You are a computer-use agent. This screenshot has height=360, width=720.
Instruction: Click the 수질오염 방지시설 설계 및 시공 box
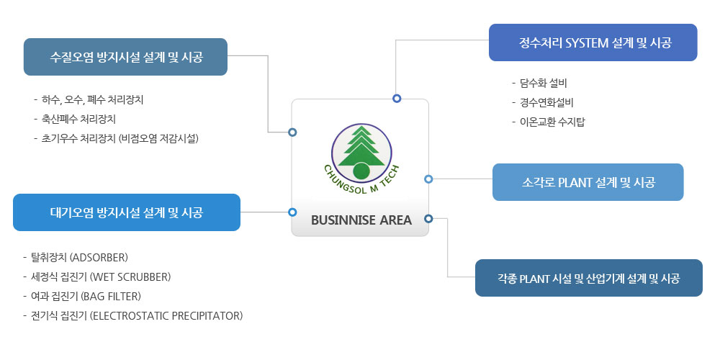125,57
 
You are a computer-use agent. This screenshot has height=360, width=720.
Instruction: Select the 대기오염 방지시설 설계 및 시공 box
126,212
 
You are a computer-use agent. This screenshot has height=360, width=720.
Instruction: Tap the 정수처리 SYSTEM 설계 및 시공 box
593,42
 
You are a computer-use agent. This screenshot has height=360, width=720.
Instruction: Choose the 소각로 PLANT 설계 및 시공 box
588,182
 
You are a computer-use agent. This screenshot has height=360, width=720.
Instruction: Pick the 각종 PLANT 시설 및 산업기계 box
589,278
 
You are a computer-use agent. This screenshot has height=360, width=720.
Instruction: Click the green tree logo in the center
362,153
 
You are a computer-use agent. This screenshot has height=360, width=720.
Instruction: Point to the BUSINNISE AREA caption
361,220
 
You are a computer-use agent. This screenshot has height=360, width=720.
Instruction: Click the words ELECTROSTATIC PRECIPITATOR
166,316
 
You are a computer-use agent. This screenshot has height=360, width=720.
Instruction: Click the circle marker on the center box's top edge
397,98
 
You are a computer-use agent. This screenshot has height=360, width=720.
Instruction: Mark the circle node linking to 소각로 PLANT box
428,179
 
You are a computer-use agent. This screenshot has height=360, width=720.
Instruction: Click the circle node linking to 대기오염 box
292,212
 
